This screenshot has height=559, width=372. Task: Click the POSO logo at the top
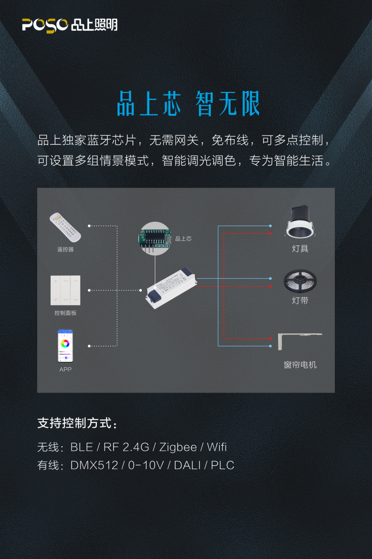click(70, 25)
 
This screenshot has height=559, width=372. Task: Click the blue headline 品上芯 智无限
click(188, 104)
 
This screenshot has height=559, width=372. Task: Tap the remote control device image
click(65, 227)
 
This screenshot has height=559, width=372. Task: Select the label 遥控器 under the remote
click(65, 249)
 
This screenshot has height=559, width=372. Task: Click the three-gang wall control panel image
click(65, 290)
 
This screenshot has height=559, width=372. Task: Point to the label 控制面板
click(65, 313)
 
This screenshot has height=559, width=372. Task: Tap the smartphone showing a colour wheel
click(65, 346)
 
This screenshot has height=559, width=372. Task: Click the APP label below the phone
click(65, 369)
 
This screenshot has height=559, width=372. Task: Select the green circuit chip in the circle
click(155, 238)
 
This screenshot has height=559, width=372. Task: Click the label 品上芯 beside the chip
click(184, 239)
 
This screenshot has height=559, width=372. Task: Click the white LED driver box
click(171, 288)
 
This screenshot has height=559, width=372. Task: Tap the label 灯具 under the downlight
click(300, 248)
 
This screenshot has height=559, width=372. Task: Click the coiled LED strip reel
click(300, 281)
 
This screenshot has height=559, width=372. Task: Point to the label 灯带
click(300, 301)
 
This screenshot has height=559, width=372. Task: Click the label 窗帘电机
click(300, 365)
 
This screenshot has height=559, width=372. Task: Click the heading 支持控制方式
click(77, 423)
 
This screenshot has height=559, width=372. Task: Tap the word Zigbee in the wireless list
click(178, 447)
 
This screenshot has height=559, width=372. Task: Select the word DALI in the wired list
click(187, 465)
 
